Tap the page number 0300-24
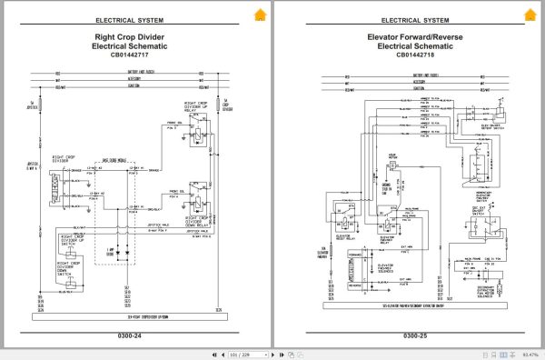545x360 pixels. pos(134,336)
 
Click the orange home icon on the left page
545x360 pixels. pos(260,14)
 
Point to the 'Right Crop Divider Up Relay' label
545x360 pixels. pos(201,108)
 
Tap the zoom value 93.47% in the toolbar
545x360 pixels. pos(529,353)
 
